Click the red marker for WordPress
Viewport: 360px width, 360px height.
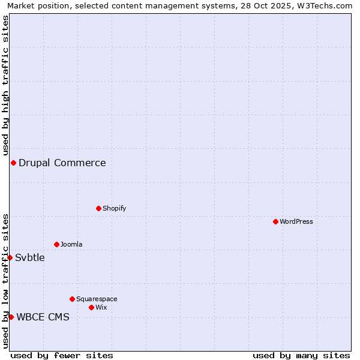tap(275, 221)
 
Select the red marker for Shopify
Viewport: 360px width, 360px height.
tap(98, 208)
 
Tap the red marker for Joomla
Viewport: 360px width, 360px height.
tap(56, 244)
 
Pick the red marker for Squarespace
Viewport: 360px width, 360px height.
tap(72, 299)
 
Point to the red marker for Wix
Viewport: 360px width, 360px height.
tap(91, 307)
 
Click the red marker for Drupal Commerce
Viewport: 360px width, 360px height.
tap(13, 163)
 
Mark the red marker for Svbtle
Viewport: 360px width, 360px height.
tap(10, 257)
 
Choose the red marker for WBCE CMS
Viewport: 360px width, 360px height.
tap(11, 317)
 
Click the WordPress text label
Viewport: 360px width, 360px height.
tap(296, 221)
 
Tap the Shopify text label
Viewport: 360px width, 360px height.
tap(114, 208)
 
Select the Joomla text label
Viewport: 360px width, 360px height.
tap(71, 244)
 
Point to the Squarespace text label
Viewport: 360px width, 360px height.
tap(97, 299)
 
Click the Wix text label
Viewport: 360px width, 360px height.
tap(101, 307)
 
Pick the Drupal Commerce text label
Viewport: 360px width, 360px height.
tap(62, 163)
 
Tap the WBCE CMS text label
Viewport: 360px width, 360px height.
tap(43, 317)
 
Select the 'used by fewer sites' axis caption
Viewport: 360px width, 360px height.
tap(62, 355)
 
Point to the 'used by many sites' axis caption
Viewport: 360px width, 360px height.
tap(301, 355)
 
